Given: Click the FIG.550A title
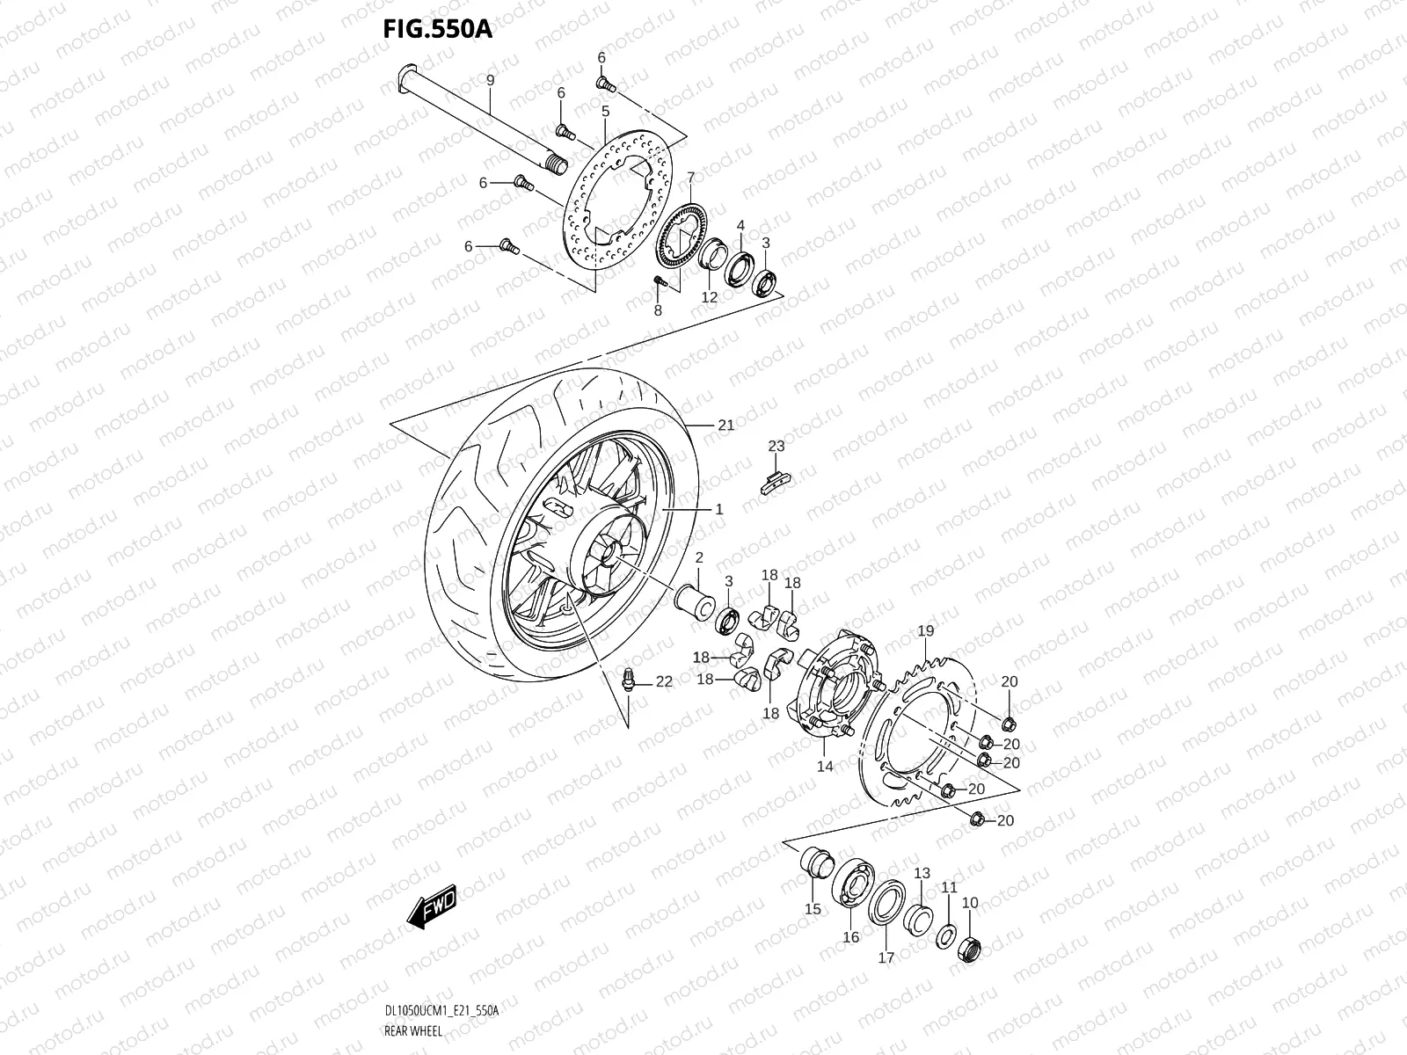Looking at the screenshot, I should tap(437, 29).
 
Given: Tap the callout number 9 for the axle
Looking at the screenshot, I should tap(491, 80).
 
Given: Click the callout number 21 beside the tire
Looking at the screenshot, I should tap(725, 426).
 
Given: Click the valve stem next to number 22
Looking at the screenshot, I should tap(630, 678).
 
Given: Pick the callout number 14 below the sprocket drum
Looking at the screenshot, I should tap(824, 766).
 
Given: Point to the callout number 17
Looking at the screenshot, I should tap(886, 957).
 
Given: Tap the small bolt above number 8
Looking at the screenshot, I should tap(659, 280).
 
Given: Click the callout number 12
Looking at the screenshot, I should tap(709, 297).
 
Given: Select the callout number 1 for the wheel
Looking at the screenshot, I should tap(718, 509).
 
